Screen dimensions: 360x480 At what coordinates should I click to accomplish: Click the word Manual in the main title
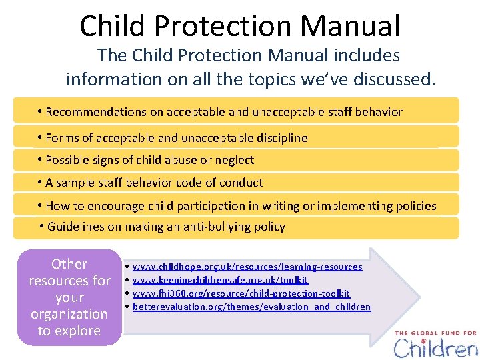(x=350, y=26)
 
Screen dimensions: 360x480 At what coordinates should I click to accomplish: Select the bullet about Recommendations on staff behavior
(x=224, y=112)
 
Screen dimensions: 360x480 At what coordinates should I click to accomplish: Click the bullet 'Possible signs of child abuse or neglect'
(x=149, y=160)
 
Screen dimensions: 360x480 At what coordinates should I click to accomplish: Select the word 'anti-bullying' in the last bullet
(x=201, y=227)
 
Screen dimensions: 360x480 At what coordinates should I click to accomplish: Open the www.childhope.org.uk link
(x=247, y=267)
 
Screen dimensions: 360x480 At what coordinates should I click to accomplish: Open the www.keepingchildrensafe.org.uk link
(x=220, y=281)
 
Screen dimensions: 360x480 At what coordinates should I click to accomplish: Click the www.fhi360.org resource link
(x=241, y=293)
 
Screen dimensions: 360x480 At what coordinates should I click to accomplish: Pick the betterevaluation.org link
(x=251, y=307)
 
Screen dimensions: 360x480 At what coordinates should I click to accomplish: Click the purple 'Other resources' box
(x=69, y=297)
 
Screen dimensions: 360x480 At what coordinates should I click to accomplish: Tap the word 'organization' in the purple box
(x=69, y=314)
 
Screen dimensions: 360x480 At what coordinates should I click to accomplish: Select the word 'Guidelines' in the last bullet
(x=76, y=227)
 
